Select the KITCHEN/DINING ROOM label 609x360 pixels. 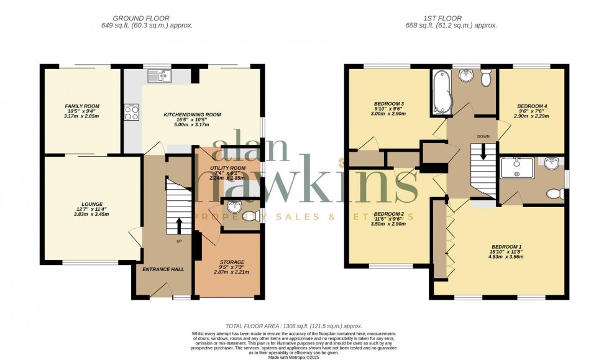(x=192, y=115)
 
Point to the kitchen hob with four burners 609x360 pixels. (x=132, y=113)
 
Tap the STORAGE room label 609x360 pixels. (x=232, y=262)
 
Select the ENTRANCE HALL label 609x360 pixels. (x=160, y=269)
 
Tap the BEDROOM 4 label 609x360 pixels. (x=532, y=106)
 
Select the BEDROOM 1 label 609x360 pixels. (x=505, y=246)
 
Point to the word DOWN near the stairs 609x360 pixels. (x=484, y=136)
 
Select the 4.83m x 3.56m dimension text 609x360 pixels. (x=505, y=257)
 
